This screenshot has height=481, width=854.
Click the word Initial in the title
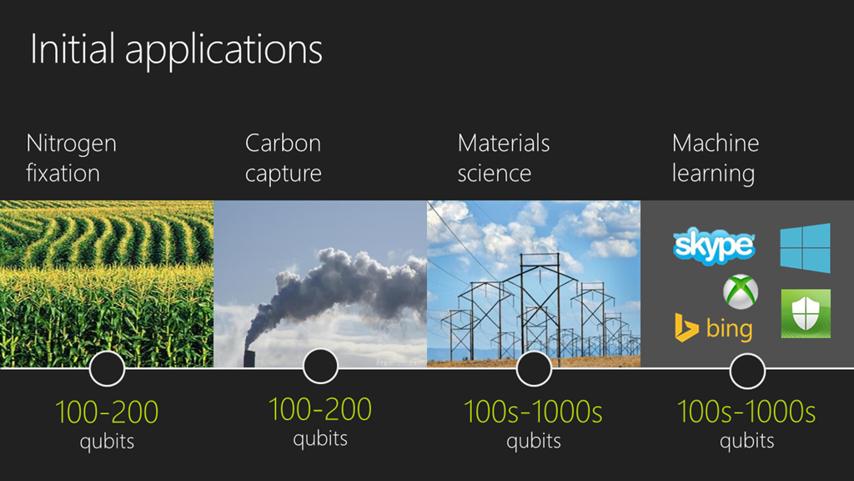tap(73, 48)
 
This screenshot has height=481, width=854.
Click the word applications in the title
tap(224, 51)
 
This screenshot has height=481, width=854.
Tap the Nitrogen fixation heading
tap(72, 158)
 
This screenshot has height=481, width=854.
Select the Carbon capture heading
tap(284, 159)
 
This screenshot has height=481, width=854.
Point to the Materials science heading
tap(504, 158)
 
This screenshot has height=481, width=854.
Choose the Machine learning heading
tap(715, 159)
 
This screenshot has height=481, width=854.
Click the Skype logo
tap(714, 246)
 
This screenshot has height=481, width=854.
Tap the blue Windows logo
tap(805, 248)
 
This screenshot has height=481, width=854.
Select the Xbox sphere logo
tap(741, 291)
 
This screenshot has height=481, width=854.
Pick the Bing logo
tap(714, 328)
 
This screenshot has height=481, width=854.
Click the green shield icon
tap(806, 314)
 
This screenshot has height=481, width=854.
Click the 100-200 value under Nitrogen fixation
tap(107, 413)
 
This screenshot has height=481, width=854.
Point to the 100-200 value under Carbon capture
tap(320, 409)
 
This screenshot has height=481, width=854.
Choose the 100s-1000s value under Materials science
tap(533, 413)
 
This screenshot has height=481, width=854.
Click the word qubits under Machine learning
tap(746, 441)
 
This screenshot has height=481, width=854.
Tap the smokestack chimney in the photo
tap(249, 358)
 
